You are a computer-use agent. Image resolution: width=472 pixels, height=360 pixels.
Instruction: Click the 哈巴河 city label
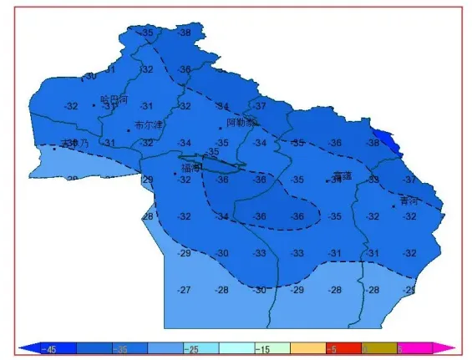point(114,99)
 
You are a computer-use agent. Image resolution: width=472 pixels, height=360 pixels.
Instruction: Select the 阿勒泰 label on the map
point(241,122)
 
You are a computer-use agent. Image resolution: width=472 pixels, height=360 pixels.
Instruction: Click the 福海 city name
point(190,168)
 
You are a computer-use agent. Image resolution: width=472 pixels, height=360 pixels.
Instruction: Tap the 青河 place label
point(409,200)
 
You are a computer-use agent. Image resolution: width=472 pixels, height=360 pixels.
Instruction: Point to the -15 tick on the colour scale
point(261,347)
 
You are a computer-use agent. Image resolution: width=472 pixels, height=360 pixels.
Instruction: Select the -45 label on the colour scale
point(50,347)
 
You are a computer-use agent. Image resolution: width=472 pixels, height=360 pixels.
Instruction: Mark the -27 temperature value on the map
point(185,290)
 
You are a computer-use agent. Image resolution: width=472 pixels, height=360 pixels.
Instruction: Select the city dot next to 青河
point(393,205)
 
